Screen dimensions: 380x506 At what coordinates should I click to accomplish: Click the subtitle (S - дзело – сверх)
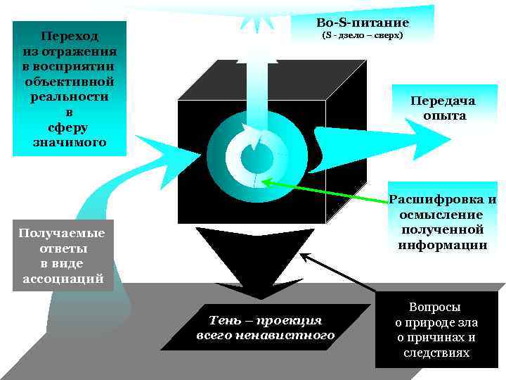pos(363,34)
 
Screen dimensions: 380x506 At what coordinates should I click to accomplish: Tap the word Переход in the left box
pos(69,35)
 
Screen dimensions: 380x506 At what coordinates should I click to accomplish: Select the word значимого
pos(69,143)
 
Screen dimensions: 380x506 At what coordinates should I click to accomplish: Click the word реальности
pos(69,96)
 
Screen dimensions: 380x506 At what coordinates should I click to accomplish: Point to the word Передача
pos(443,101)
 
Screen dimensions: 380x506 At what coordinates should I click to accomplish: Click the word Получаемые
pos(62,233)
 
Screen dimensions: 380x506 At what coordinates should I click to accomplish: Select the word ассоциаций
pos(62,279)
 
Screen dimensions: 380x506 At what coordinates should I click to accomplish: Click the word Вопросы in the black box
pos(436,308)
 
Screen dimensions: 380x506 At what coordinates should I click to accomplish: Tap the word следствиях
pos(436,353)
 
